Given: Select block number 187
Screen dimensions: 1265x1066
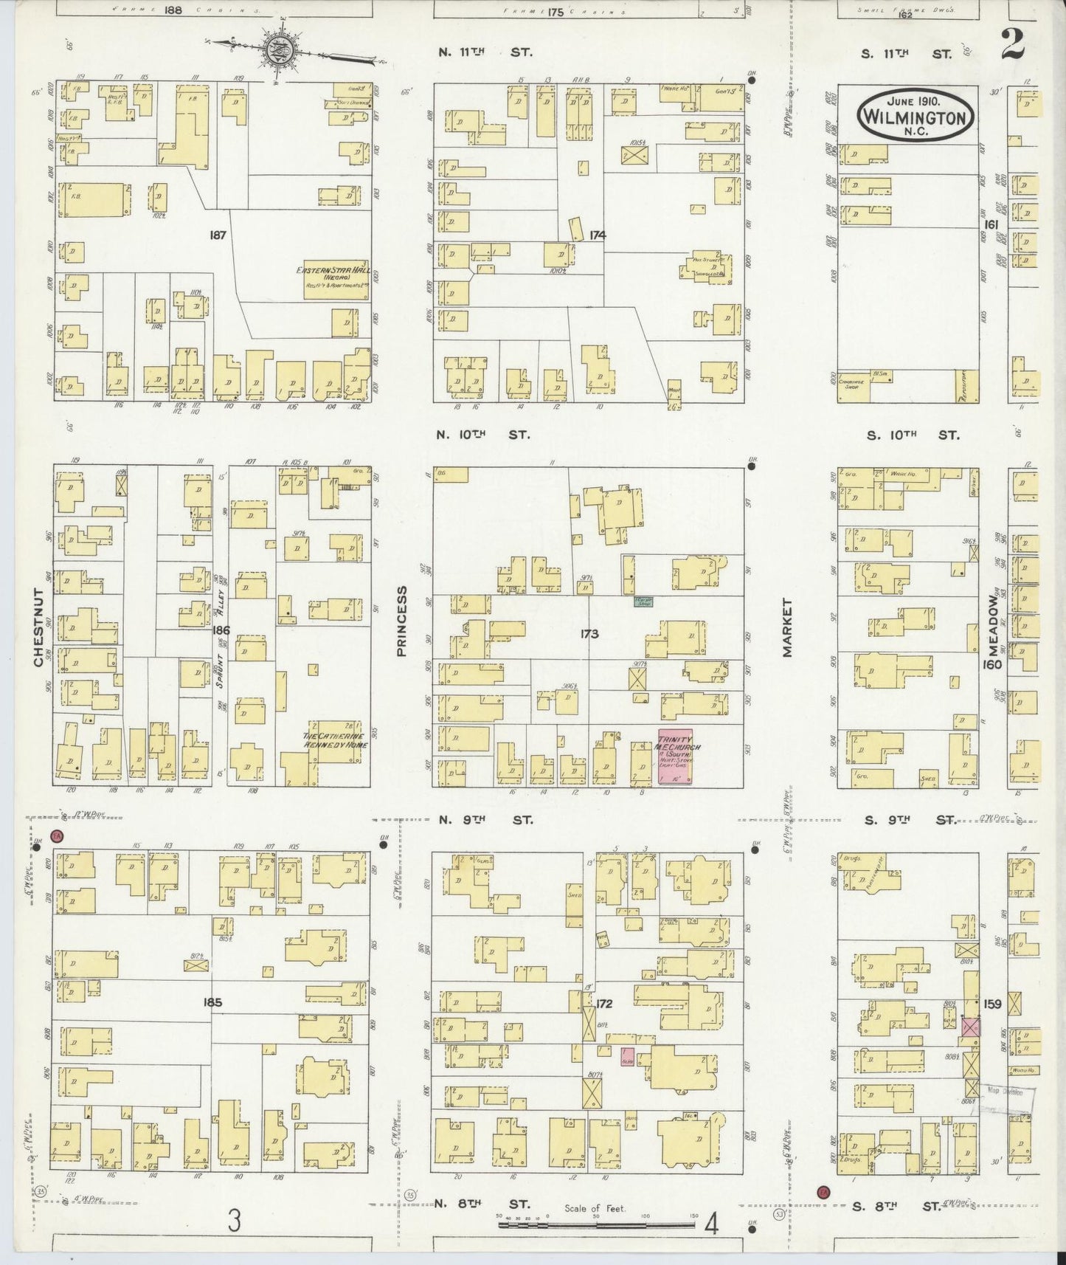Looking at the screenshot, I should click(217, 235).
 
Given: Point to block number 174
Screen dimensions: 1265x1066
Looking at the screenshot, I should click(597, 235).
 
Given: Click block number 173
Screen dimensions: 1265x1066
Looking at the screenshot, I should click(589, 634).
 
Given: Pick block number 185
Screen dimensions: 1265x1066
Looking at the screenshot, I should click(212, 1003).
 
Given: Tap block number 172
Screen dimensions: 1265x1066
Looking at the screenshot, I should click(604, 1004).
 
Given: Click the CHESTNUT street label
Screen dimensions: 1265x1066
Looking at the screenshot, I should click(38, 627).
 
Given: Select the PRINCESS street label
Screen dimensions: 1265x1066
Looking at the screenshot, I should click(402, 621).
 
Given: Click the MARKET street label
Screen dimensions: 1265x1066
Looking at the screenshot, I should click(787, 627).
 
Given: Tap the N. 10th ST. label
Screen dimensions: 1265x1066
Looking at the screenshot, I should click(483, 435).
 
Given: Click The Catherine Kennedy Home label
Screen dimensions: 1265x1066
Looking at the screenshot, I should click(335, 740).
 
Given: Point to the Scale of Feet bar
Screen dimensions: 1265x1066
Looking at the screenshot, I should click(596, 1224).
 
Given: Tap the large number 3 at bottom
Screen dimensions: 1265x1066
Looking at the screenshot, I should click(234, 1221).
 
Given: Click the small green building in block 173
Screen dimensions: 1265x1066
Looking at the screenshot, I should click(645, 602).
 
